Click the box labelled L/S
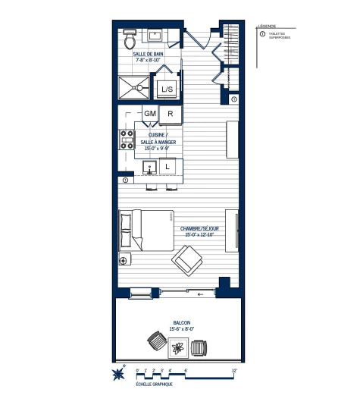166,89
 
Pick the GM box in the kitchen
149,114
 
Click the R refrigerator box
171,114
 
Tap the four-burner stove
126,140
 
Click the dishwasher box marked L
167,165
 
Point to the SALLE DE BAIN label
147,55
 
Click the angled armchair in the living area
187,263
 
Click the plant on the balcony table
179,349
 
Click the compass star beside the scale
118,374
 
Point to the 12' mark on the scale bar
234,371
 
